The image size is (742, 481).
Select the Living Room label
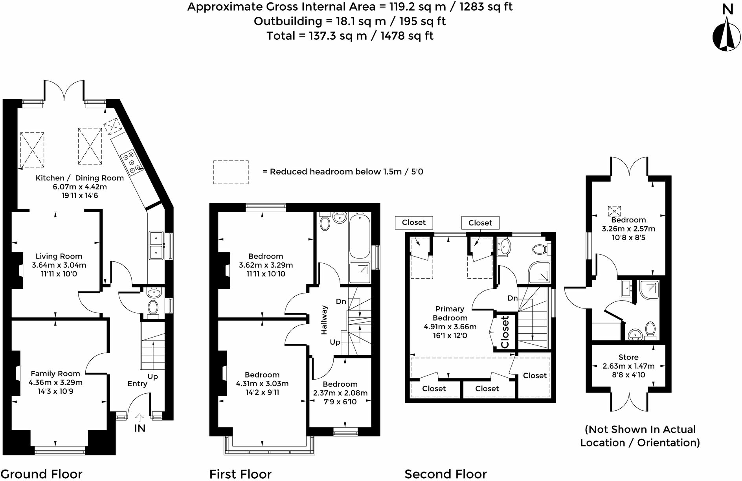pos(59,256)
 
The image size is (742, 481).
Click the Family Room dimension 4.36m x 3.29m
pos(55,382)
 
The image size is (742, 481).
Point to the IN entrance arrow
pos(140,418)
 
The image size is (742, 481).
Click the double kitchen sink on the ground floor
pos(156,245)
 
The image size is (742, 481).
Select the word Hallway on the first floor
pos(324,320)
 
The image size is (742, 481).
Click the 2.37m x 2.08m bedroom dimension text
pos(340,393)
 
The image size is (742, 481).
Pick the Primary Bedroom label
pos(450,313)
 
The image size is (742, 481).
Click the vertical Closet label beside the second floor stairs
pos(505,332)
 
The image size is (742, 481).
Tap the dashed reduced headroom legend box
pos(231,172)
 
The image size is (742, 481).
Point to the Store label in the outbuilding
pos(628,357)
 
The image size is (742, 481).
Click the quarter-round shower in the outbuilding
pos(648,290)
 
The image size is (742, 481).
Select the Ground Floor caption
pos(41,474)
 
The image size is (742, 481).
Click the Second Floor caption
pos(445,474)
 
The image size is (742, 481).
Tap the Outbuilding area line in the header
pos(349,21)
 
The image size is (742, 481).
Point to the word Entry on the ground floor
pos(137,384)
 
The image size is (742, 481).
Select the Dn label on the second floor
pos(512,298)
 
